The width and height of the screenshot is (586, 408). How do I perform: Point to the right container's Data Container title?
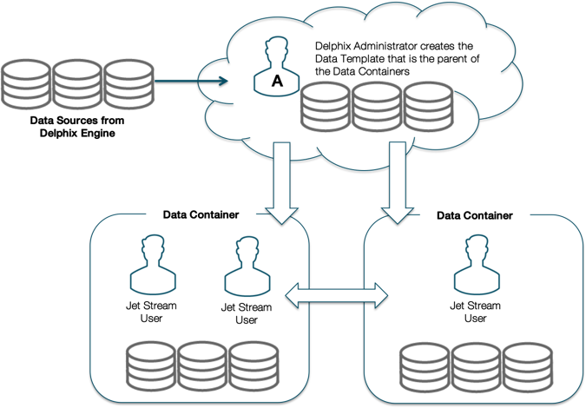point(474,214)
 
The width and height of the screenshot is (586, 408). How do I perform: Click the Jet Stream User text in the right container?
point(474,312)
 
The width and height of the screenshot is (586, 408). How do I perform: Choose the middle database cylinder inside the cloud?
point(377,106)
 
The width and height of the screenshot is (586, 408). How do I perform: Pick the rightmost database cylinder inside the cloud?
point(429,106)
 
